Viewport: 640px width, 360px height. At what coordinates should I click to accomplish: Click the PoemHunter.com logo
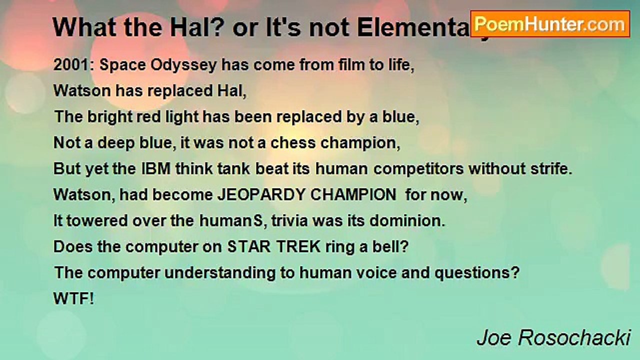[550, 23]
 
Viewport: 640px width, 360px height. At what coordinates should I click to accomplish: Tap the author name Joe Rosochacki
[553, 338]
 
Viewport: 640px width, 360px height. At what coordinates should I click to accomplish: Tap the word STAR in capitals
[247, 247]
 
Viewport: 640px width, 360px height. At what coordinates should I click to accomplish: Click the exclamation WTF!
[73, 299]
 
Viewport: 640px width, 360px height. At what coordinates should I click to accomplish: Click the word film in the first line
[339, 65]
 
